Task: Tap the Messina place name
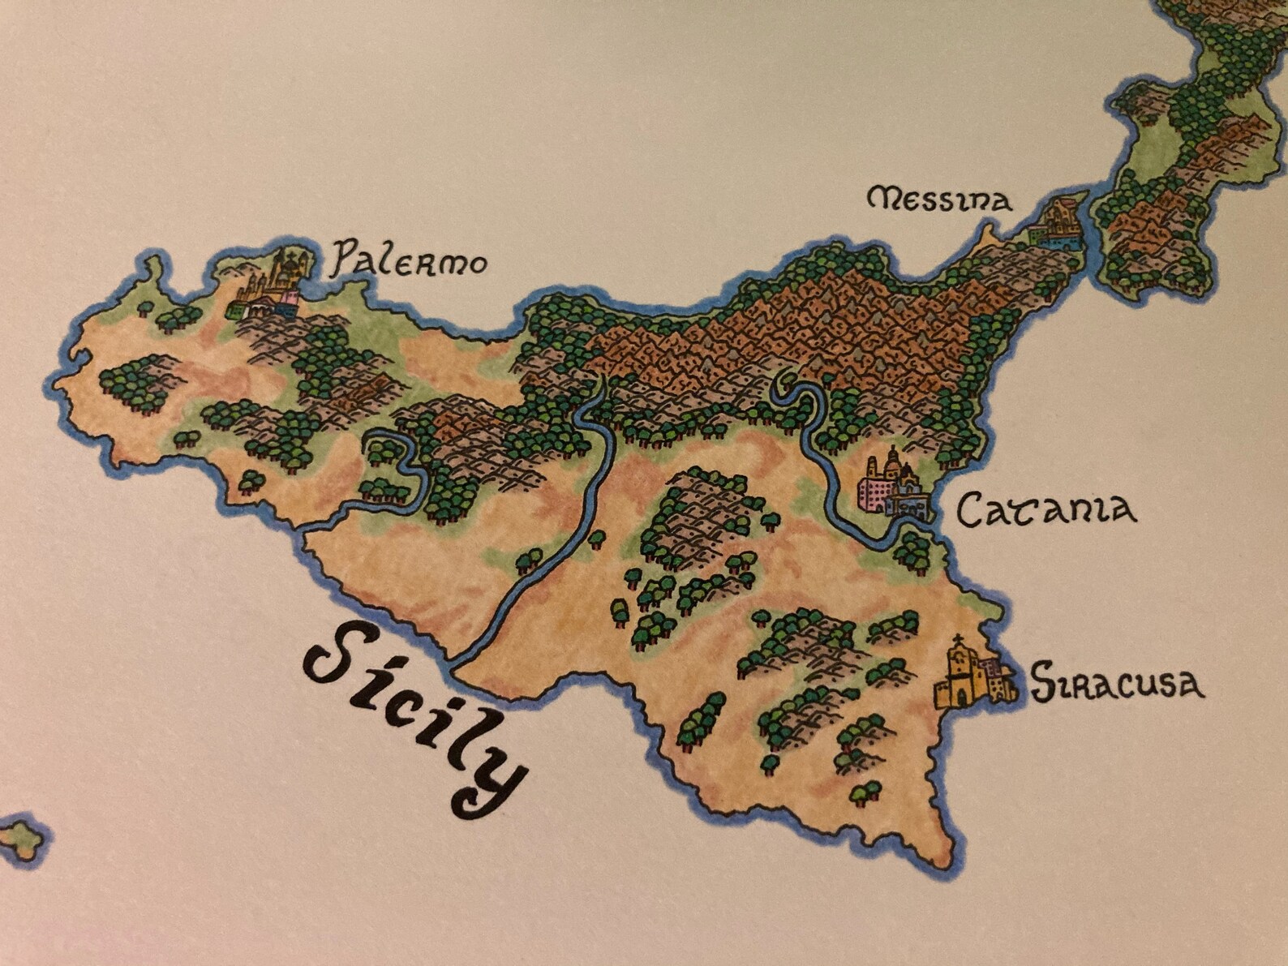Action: coord(940,199)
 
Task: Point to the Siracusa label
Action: coord(1117,683)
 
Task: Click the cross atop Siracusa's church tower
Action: coord(959,640)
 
